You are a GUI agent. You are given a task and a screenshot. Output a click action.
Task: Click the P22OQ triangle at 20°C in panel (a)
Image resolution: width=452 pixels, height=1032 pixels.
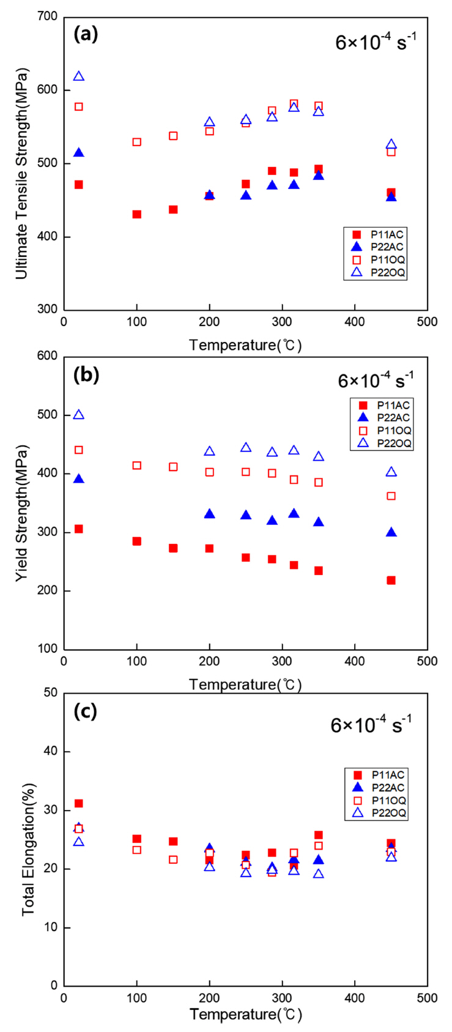(x=78, y=76)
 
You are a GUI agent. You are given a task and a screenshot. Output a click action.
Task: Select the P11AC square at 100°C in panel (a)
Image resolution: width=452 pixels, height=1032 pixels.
(x=136, y=215)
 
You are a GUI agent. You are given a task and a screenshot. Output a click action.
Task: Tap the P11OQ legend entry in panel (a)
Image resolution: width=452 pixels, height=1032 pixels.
(x=379, y=259)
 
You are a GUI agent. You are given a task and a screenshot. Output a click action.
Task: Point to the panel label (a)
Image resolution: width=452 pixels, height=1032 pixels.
(x=85, y=34)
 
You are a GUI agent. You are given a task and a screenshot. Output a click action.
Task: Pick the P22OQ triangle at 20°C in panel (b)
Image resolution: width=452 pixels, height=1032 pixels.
(x=78, y=415)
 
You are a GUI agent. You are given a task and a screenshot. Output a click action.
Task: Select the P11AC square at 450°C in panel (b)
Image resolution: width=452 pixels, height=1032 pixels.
(x=391, y=580)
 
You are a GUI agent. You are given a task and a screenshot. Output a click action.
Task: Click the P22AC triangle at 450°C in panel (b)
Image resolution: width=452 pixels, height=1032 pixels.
(x=391, y=532)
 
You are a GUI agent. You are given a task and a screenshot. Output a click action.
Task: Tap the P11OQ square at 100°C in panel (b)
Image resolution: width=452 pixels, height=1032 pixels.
(x=136, y=466)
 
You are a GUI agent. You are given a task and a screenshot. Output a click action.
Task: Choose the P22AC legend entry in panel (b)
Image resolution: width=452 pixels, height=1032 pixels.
(x=385, y=417)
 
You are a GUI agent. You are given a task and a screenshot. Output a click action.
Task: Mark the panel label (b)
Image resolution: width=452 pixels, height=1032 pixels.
(x=86, y=374)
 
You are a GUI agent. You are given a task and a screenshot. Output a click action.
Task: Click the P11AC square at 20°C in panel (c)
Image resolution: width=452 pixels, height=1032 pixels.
(x=78, y=803)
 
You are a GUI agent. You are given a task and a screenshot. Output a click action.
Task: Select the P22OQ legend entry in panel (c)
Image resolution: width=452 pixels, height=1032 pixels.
(x=379, y=813)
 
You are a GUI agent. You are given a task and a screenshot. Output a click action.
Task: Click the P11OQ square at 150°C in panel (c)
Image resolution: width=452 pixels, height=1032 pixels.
(x=173, y=859)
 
